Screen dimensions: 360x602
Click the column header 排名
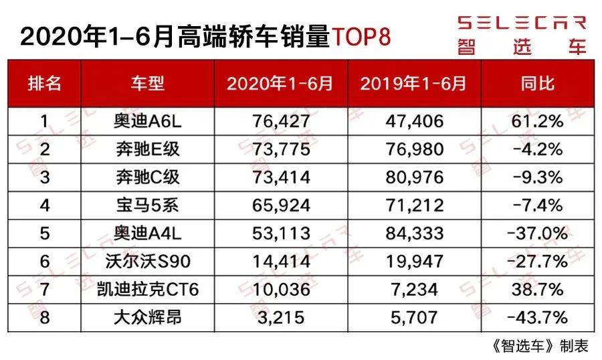click(x=44, y=83)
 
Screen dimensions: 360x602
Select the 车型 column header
click(x=147, y=83)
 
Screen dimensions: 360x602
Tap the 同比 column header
click(x=537, y=83)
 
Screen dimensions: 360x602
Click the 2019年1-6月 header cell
click(x=413, y=83)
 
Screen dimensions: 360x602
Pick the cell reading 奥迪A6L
click(x=147, y=122)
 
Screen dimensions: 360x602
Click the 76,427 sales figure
click(x=281, y=122)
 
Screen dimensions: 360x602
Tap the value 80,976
click(x=413, y=177)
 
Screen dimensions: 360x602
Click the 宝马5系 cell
click(x=147, y=205)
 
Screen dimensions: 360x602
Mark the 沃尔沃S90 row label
click(x=147, y=261)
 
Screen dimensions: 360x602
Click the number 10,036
click(x=281, y=288)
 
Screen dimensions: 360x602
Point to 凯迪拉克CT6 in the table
click(x=147, y=288)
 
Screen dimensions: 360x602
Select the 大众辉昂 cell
click(x=147, y=317)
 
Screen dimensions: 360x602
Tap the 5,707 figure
click(x=413, y=317)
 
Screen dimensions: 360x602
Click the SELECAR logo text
click(x=521, y=23)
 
